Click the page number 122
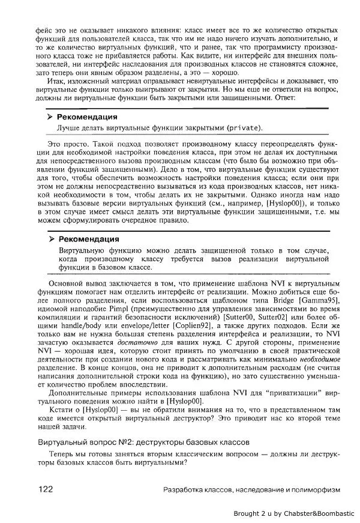[x=46, y=489]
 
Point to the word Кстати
[x=62, y=408]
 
